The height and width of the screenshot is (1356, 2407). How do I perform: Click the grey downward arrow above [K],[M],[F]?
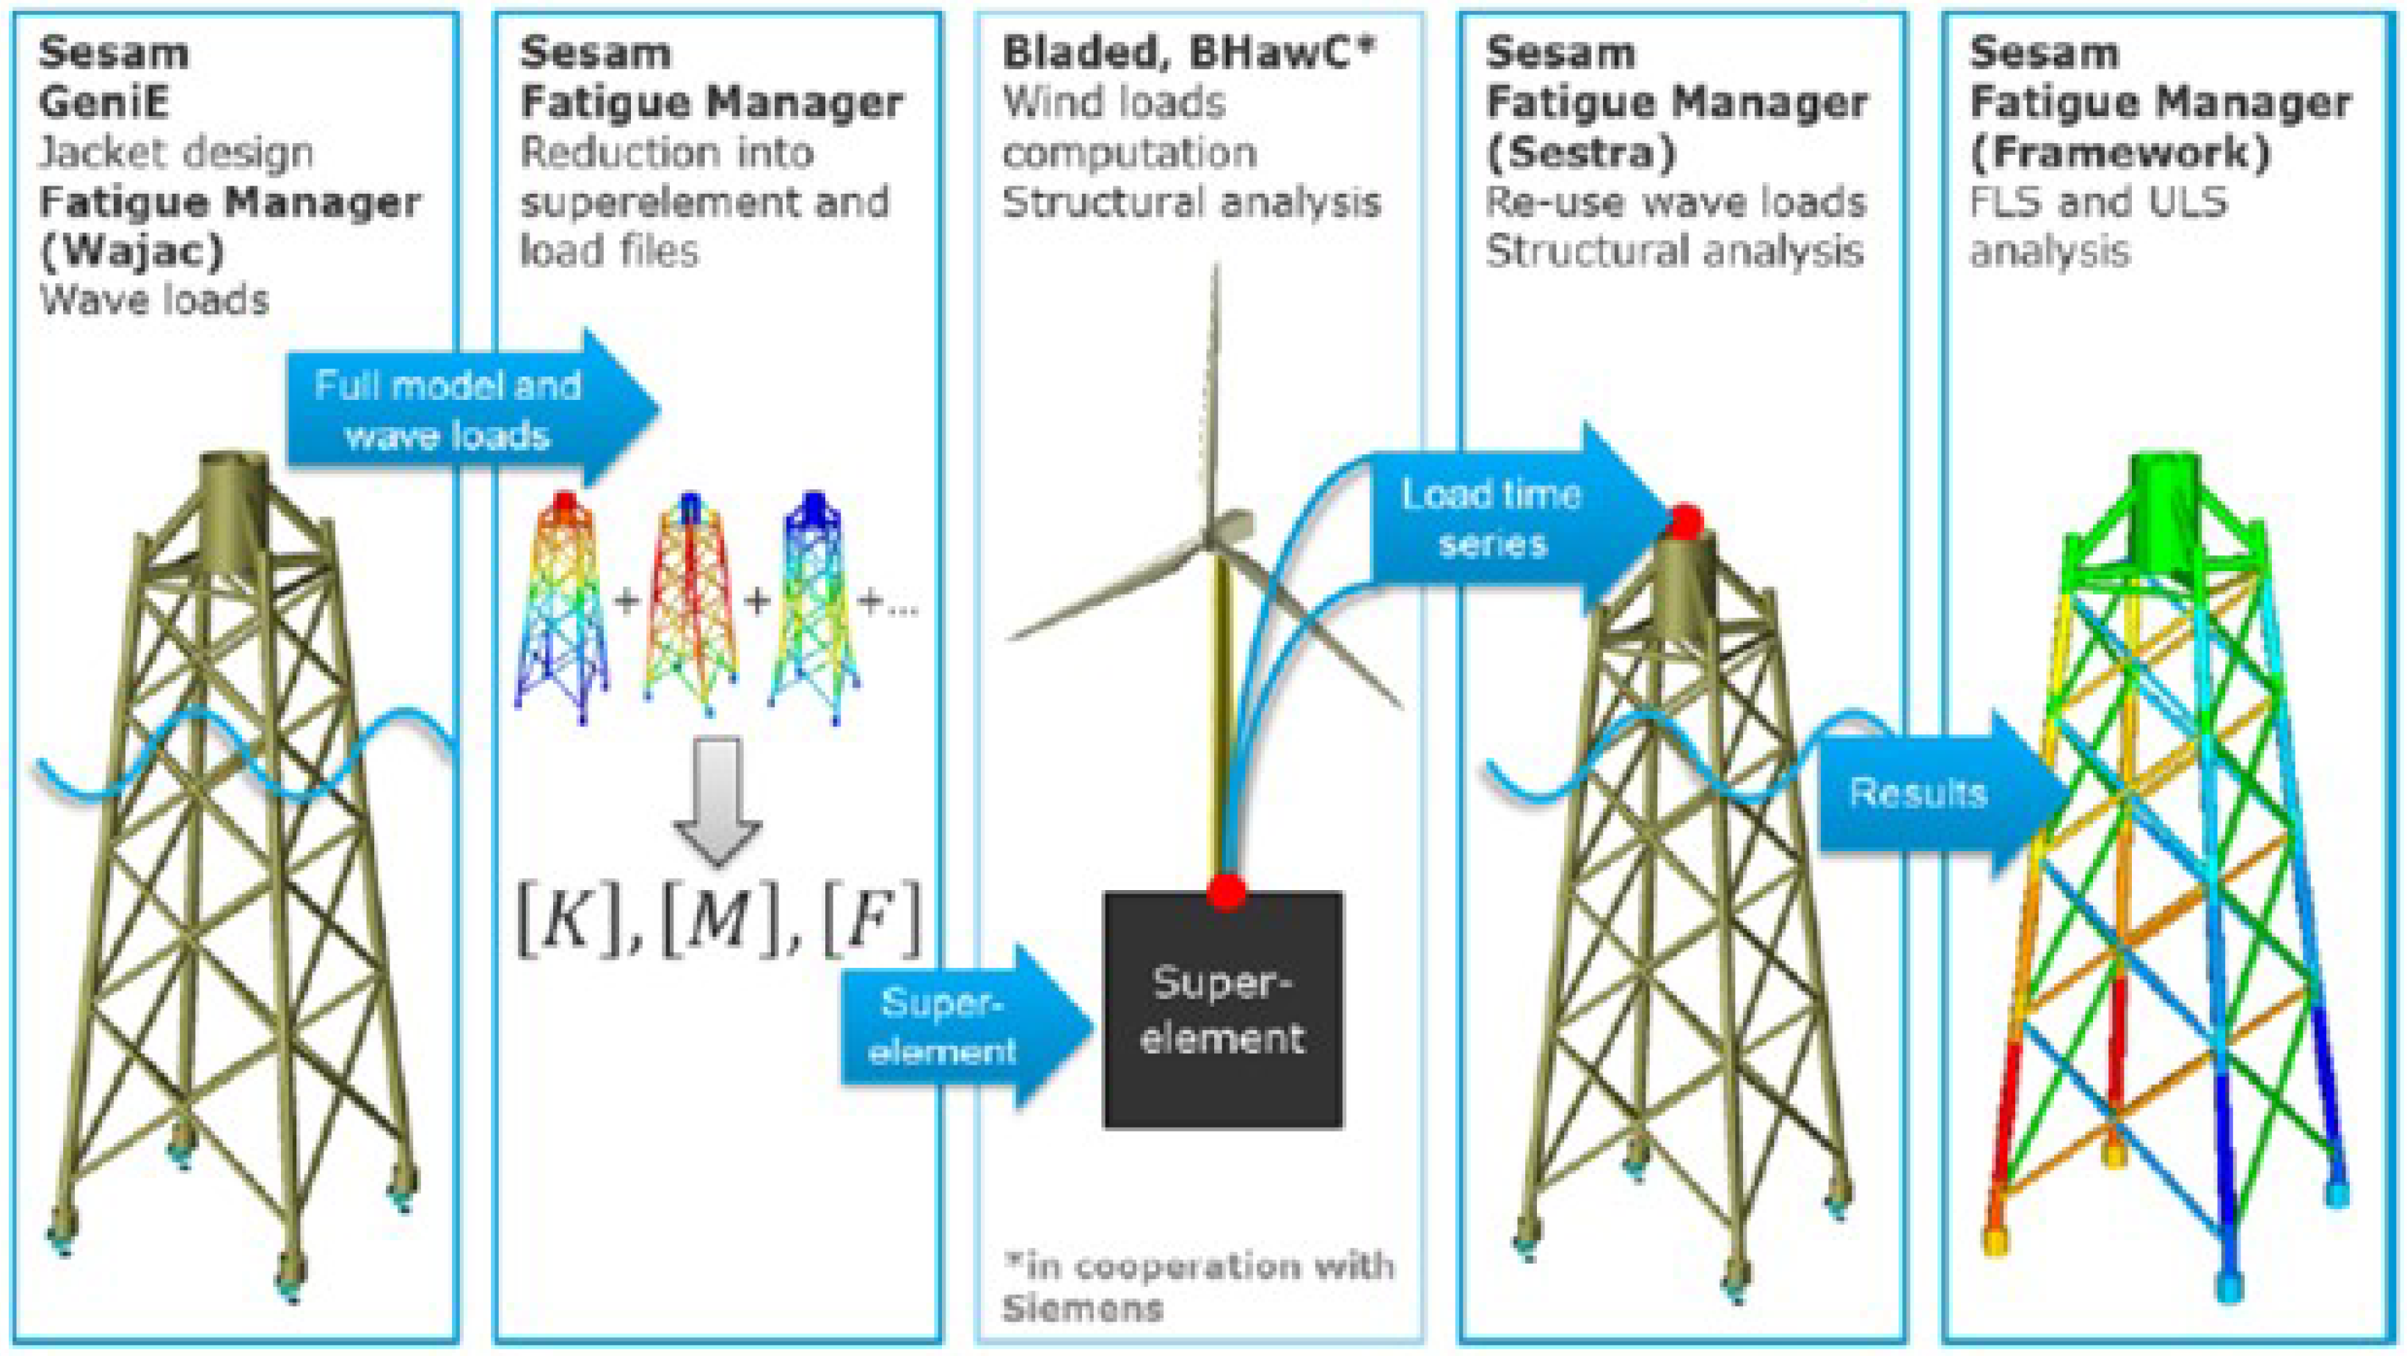tap(717, 799)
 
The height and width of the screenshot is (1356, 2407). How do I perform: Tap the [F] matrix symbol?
tap(869, 921)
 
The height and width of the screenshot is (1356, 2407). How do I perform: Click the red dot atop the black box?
tap(1226, 891)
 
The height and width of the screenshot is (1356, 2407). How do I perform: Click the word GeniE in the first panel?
tap(103, 102)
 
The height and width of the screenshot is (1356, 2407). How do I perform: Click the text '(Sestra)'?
tap(1580, 153)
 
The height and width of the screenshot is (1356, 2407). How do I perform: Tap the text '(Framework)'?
tap(2119, 153)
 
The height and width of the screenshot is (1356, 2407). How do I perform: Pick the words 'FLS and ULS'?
tap(2097, 202)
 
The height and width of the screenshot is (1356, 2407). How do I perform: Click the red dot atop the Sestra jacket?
tap(1686, 520)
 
